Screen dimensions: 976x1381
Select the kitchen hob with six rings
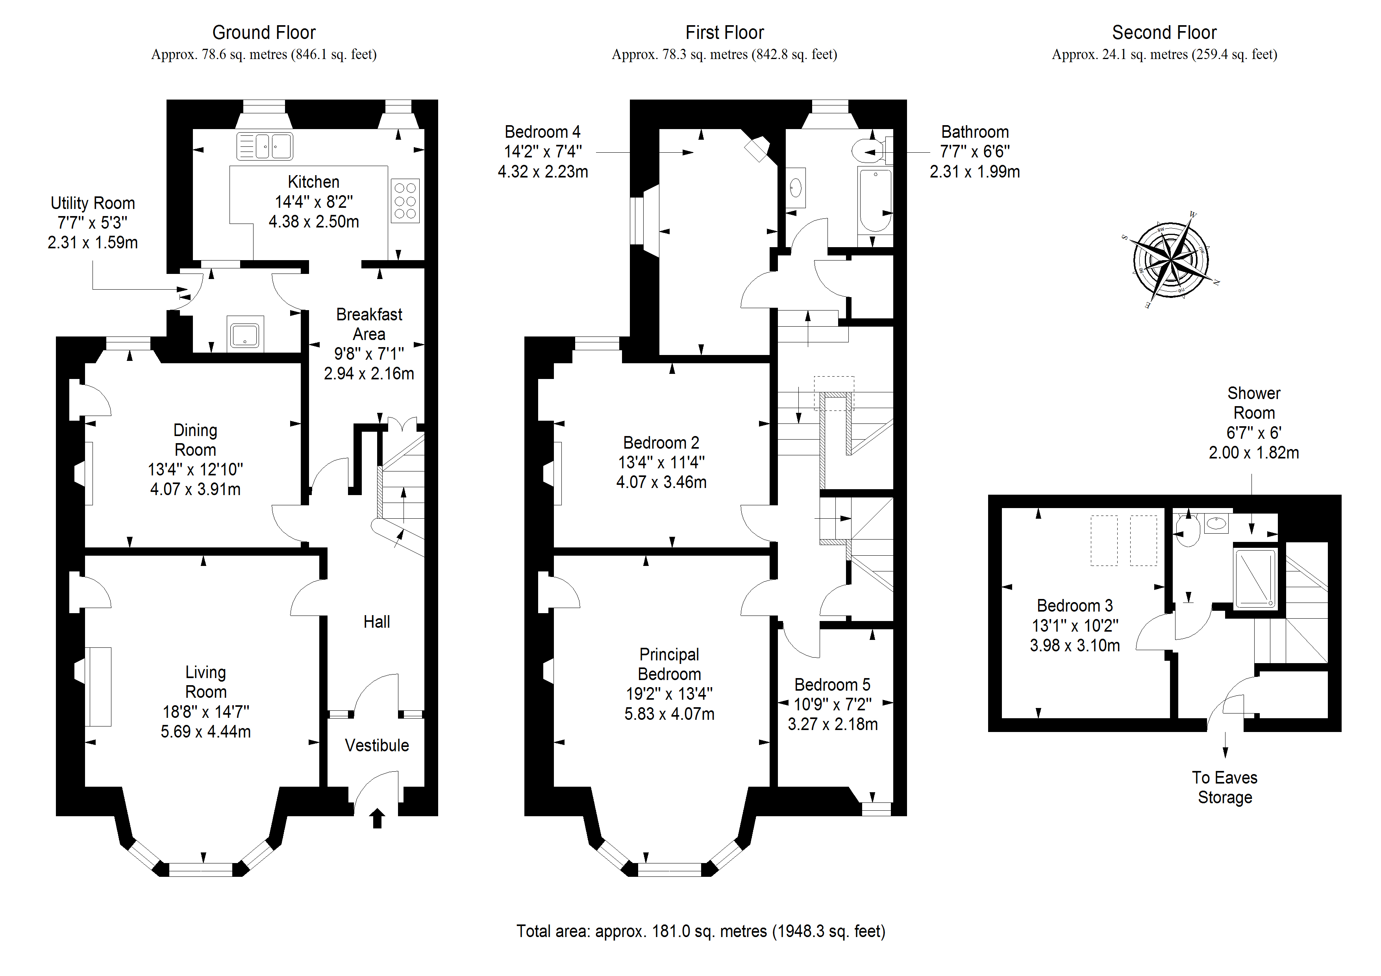coord(405,200)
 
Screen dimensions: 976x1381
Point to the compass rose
coord(1170,261)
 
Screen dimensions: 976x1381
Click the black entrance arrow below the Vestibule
coord(377,819)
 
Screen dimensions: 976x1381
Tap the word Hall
coord(376,622)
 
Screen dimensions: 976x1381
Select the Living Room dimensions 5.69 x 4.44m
coord(206,732)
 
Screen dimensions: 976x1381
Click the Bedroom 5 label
coord(833,684)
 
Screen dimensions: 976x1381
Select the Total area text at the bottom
coord(701,932)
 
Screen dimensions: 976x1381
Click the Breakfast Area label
coord(369,324)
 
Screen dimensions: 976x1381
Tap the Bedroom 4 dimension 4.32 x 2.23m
coord(542,172)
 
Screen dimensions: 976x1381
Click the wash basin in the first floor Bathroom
coord(796,188)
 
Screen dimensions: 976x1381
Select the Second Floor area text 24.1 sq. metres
coord(1164,55)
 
